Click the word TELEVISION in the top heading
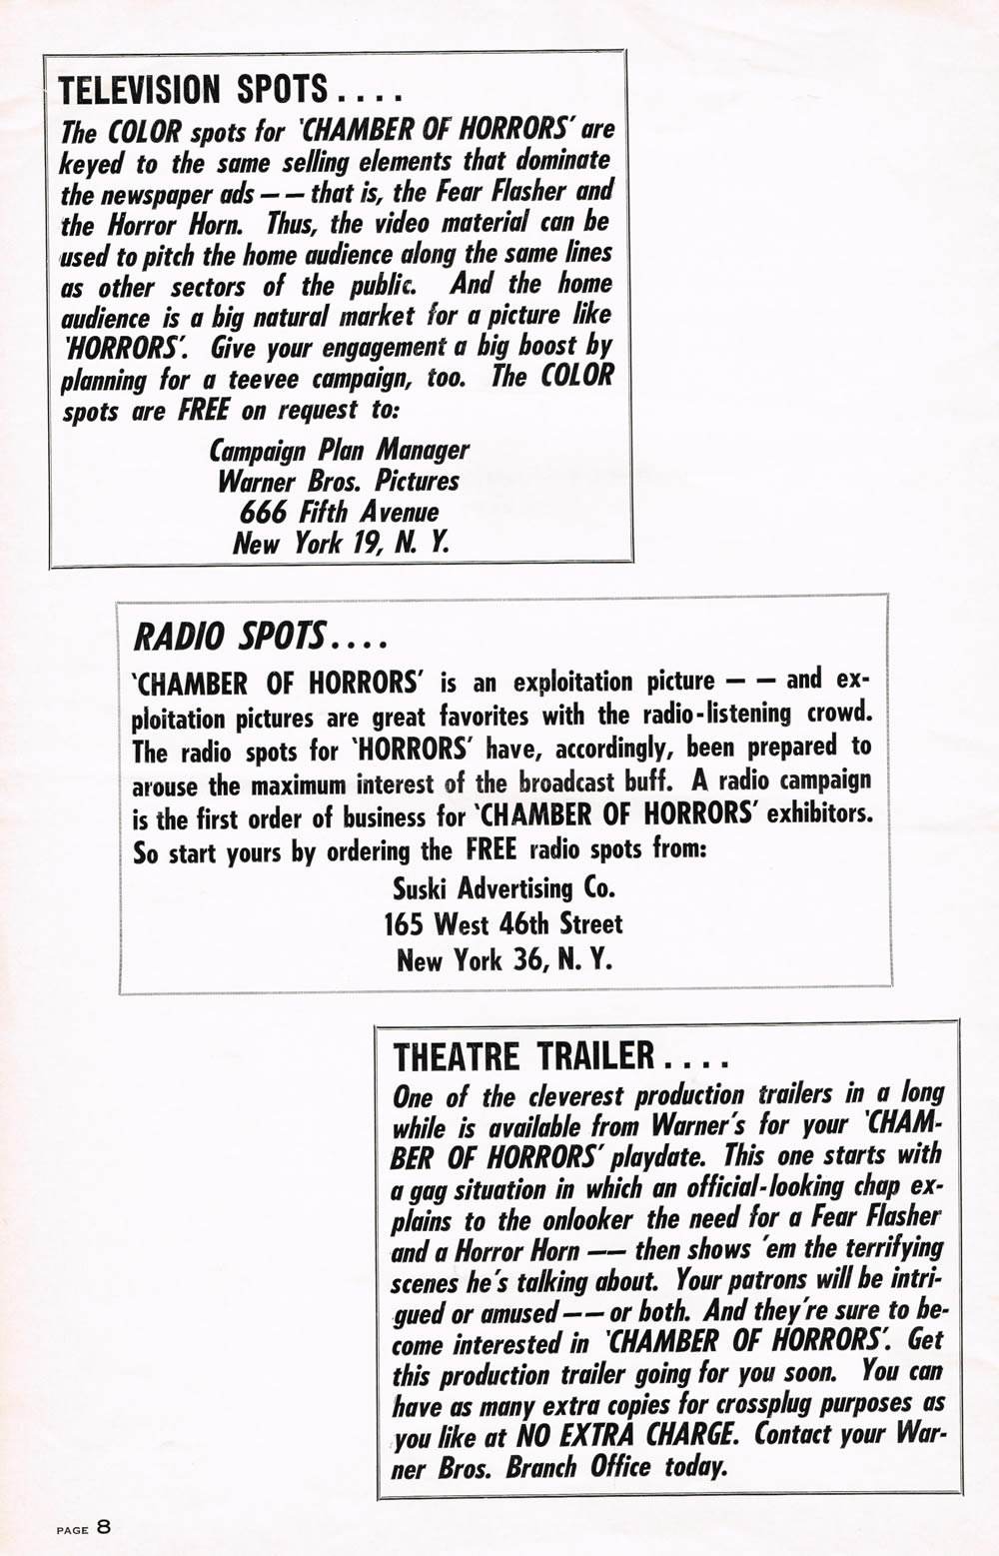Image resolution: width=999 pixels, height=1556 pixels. (139, 91)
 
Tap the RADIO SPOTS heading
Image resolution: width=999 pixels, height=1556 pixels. (229, 635)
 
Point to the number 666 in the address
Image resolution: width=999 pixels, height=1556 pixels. (267, 513)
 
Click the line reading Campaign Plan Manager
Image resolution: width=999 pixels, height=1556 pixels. (339, 451)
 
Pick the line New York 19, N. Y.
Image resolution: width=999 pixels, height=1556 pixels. (341, 544)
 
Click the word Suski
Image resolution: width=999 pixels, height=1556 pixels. (427, 887)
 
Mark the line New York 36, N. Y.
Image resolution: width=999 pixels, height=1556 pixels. (504, 960)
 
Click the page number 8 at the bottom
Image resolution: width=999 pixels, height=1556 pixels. (104, 1528)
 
